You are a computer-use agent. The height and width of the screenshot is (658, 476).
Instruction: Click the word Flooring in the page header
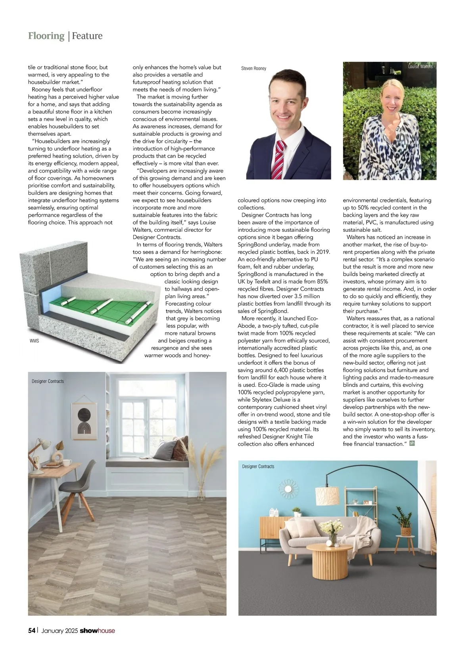click(46, 36)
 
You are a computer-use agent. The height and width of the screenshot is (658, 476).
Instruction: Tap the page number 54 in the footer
click(32, 631)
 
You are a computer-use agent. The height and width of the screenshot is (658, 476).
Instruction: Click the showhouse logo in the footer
click(97, 631)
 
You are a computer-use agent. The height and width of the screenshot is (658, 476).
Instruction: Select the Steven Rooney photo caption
click(253, 69)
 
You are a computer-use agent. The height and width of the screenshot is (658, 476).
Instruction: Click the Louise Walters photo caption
click(420, 67)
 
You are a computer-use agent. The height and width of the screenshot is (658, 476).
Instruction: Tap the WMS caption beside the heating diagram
click(35, 341)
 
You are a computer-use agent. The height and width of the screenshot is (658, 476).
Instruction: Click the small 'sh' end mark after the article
click(412, 443)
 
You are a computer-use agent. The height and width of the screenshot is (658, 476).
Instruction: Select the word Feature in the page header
click(87, 36)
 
